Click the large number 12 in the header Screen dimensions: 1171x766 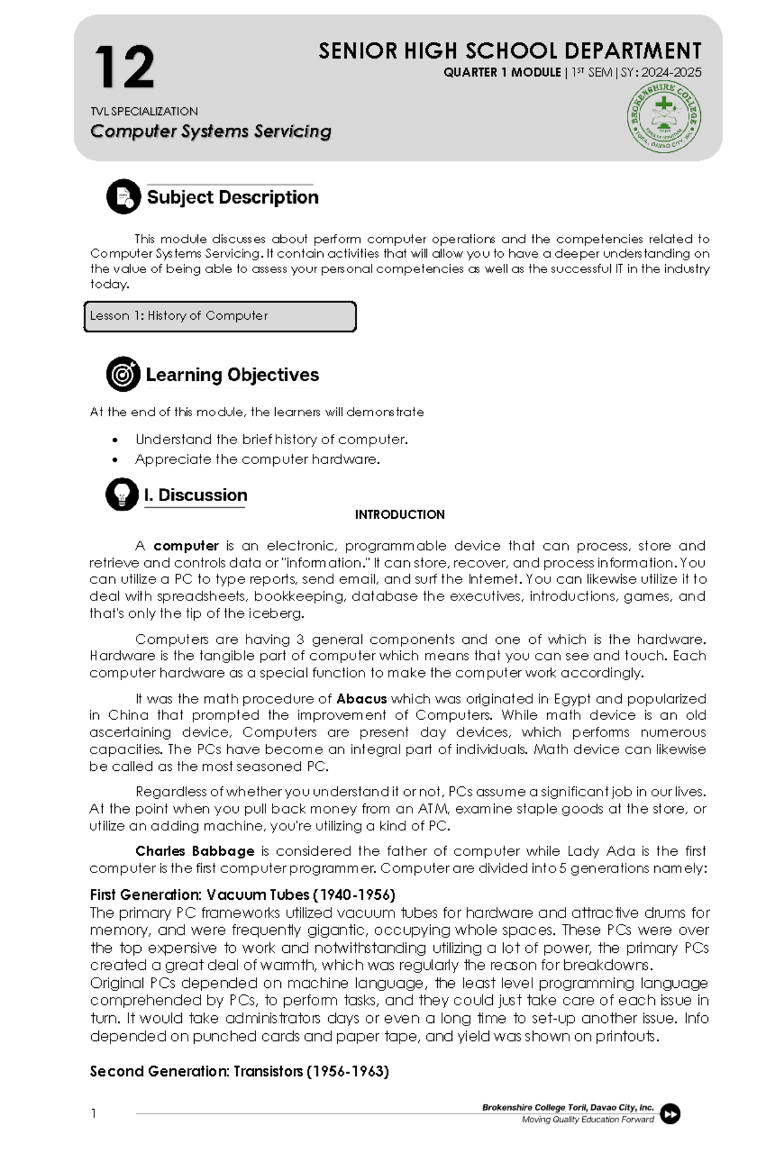click(x=124, y=68)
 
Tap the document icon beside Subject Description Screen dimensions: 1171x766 click(x=123, y=197)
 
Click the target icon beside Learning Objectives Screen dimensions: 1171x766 click(x=123, y=374)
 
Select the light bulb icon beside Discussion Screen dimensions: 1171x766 click(x=122, y=495)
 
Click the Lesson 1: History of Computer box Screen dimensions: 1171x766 click(x=220, y=317)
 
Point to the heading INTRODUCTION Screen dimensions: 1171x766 click(x=400, y=515)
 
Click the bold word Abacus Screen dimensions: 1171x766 click(x=361, y=699)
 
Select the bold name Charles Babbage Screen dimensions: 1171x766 click(x=195, y=851)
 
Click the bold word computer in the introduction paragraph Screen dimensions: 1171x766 click(x=186, y=546)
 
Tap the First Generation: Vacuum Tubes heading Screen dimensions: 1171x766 click(x=243, y=895)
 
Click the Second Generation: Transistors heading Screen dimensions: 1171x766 click(x=239, y=1071)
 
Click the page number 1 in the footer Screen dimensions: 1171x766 click(x=94, y=1114)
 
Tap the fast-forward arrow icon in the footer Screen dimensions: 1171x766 click(x=670, y=1114)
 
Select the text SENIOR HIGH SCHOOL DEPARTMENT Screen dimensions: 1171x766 click(x=509, y=51)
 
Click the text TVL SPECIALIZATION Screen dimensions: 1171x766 click(x=144, y=112)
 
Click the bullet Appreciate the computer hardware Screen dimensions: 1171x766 click(x=257, y=459)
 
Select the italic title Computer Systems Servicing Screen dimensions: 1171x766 click(x=211, y=131)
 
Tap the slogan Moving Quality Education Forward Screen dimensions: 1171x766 click(x=587, y=1119)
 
